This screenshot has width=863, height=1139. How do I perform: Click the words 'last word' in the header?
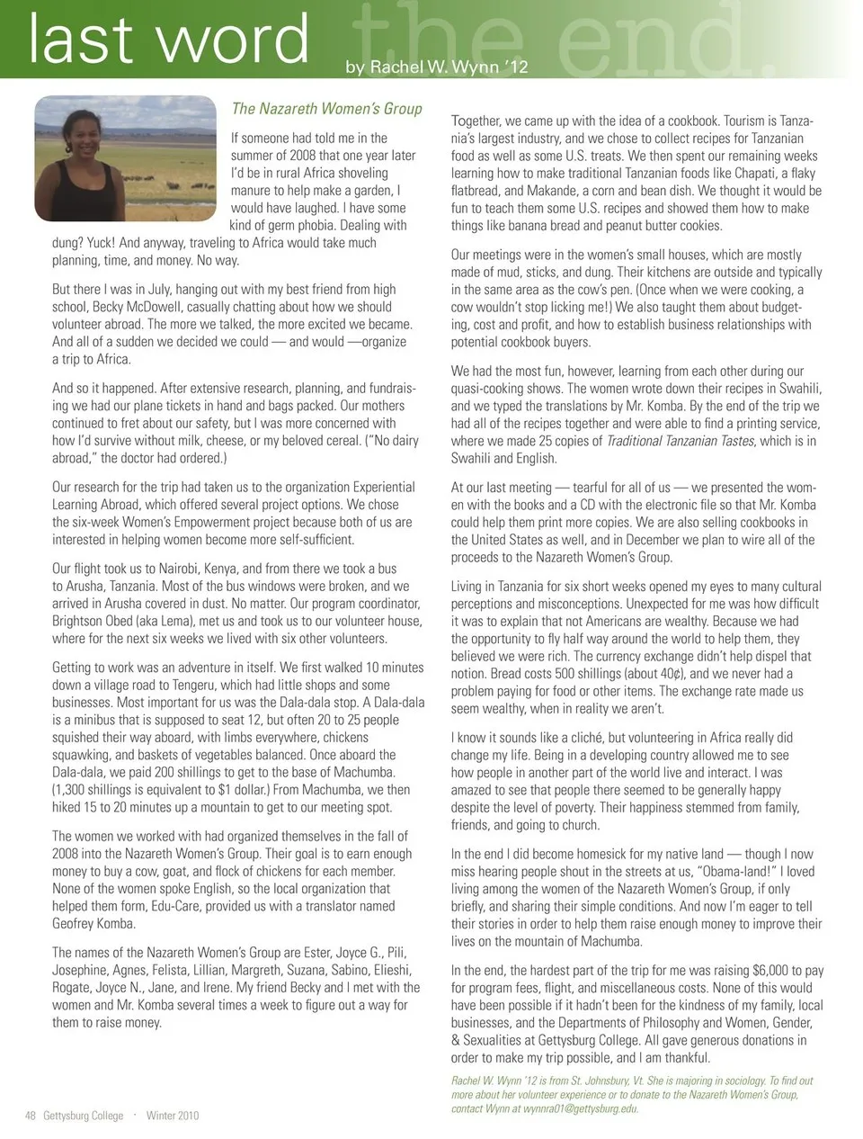click(168, 40)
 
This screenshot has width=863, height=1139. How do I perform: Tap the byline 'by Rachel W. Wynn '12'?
click(437, 67)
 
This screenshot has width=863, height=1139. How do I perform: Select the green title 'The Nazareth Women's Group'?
click(326, 109)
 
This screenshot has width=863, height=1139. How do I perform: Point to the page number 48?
click(30, 1116)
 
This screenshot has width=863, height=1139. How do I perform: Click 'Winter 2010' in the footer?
click(173, 1116)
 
